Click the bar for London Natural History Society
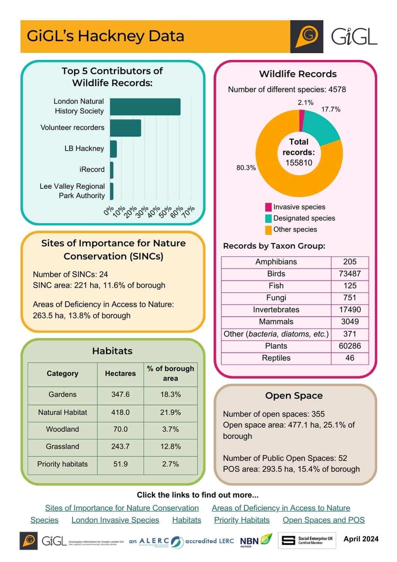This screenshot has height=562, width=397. point(145,107)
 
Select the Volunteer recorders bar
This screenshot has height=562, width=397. point(125,128)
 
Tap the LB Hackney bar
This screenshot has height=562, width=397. point(113,149)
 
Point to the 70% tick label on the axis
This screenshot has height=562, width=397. point(189,212)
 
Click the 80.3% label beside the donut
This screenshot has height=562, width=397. point(246,167)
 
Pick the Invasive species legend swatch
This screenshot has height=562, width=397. point(268,207)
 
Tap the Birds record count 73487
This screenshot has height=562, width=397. point(349,274)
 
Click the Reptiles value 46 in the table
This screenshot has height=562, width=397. point(349,358)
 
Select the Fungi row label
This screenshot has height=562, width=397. point(276,298)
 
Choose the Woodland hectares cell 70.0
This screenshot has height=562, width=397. point(120,429)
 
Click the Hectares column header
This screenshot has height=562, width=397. point(120,374)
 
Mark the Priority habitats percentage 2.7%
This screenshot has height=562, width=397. point(170,464)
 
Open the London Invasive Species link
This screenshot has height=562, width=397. point(115,520)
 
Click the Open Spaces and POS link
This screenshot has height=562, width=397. point(324,520)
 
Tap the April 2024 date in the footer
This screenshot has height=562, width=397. point(361,539)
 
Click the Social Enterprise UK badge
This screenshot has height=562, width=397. point(307,541)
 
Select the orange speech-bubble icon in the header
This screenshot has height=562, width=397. point(307,36)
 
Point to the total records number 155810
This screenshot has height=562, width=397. point(298,163)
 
